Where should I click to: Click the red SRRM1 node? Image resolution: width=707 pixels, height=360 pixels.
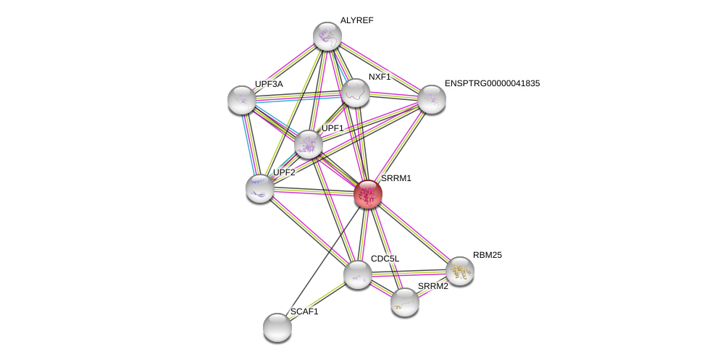[x=368, y=193]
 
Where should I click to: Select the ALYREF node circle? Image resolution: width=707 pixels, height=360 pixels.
[x=327, y=36]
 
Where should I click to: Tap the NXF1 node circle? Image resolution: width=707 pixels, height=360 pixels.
[x=356, y=93]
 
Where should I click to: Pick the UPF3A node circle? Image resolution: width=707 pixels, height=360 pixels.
[x=241, y=100]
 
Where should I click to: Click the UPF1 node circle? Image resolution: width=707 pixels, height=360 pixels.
[x=309, y=144]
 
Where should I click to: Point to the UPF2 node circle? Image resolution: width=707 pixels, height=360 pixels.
[x=260, y=188]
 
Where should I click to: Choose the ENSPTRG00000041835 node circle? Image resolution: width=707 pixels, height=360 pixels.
[x=431, y=99]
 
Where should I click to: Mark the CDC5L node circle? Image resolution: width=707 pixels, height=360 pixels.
[x=358, y=275]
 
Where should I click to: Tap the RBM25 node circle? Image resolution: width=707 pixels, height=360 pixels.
[x=459, y=271]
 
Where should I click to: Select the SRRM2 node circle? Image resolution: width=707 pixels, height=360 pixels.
[x=405, y=302]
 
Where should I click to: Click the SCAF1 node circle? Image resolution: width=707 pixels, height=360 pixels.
[x=277, y=327]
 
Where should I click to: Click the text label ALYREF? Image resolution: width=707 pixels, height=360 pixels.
[x=357, y=20]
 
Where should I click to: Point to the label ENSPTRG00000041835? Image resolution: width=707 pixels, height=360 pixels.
[x=492, y=83]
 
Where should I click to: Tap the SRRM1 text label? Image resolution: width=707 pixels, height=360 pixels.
[x=396, y=178]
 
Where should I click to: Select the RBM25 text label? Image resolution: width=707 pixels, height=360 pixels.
[x=487, y=255]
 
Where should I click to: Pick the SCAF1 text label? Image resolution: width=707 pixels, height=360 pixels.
[x=304, y=311]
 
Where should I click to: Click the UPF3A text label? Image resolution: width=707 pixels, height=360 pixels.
[x=269, y=84]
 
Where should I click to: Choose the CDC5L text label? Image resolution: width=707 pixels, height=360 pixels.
[x=385, y=259]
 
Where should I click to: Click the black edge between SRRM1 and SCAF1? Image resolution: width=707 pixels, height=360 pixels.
[x=322, y=261]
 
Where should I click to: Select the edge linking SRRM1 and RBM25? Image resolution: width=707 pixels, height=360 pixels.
[x=414, y=232]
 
